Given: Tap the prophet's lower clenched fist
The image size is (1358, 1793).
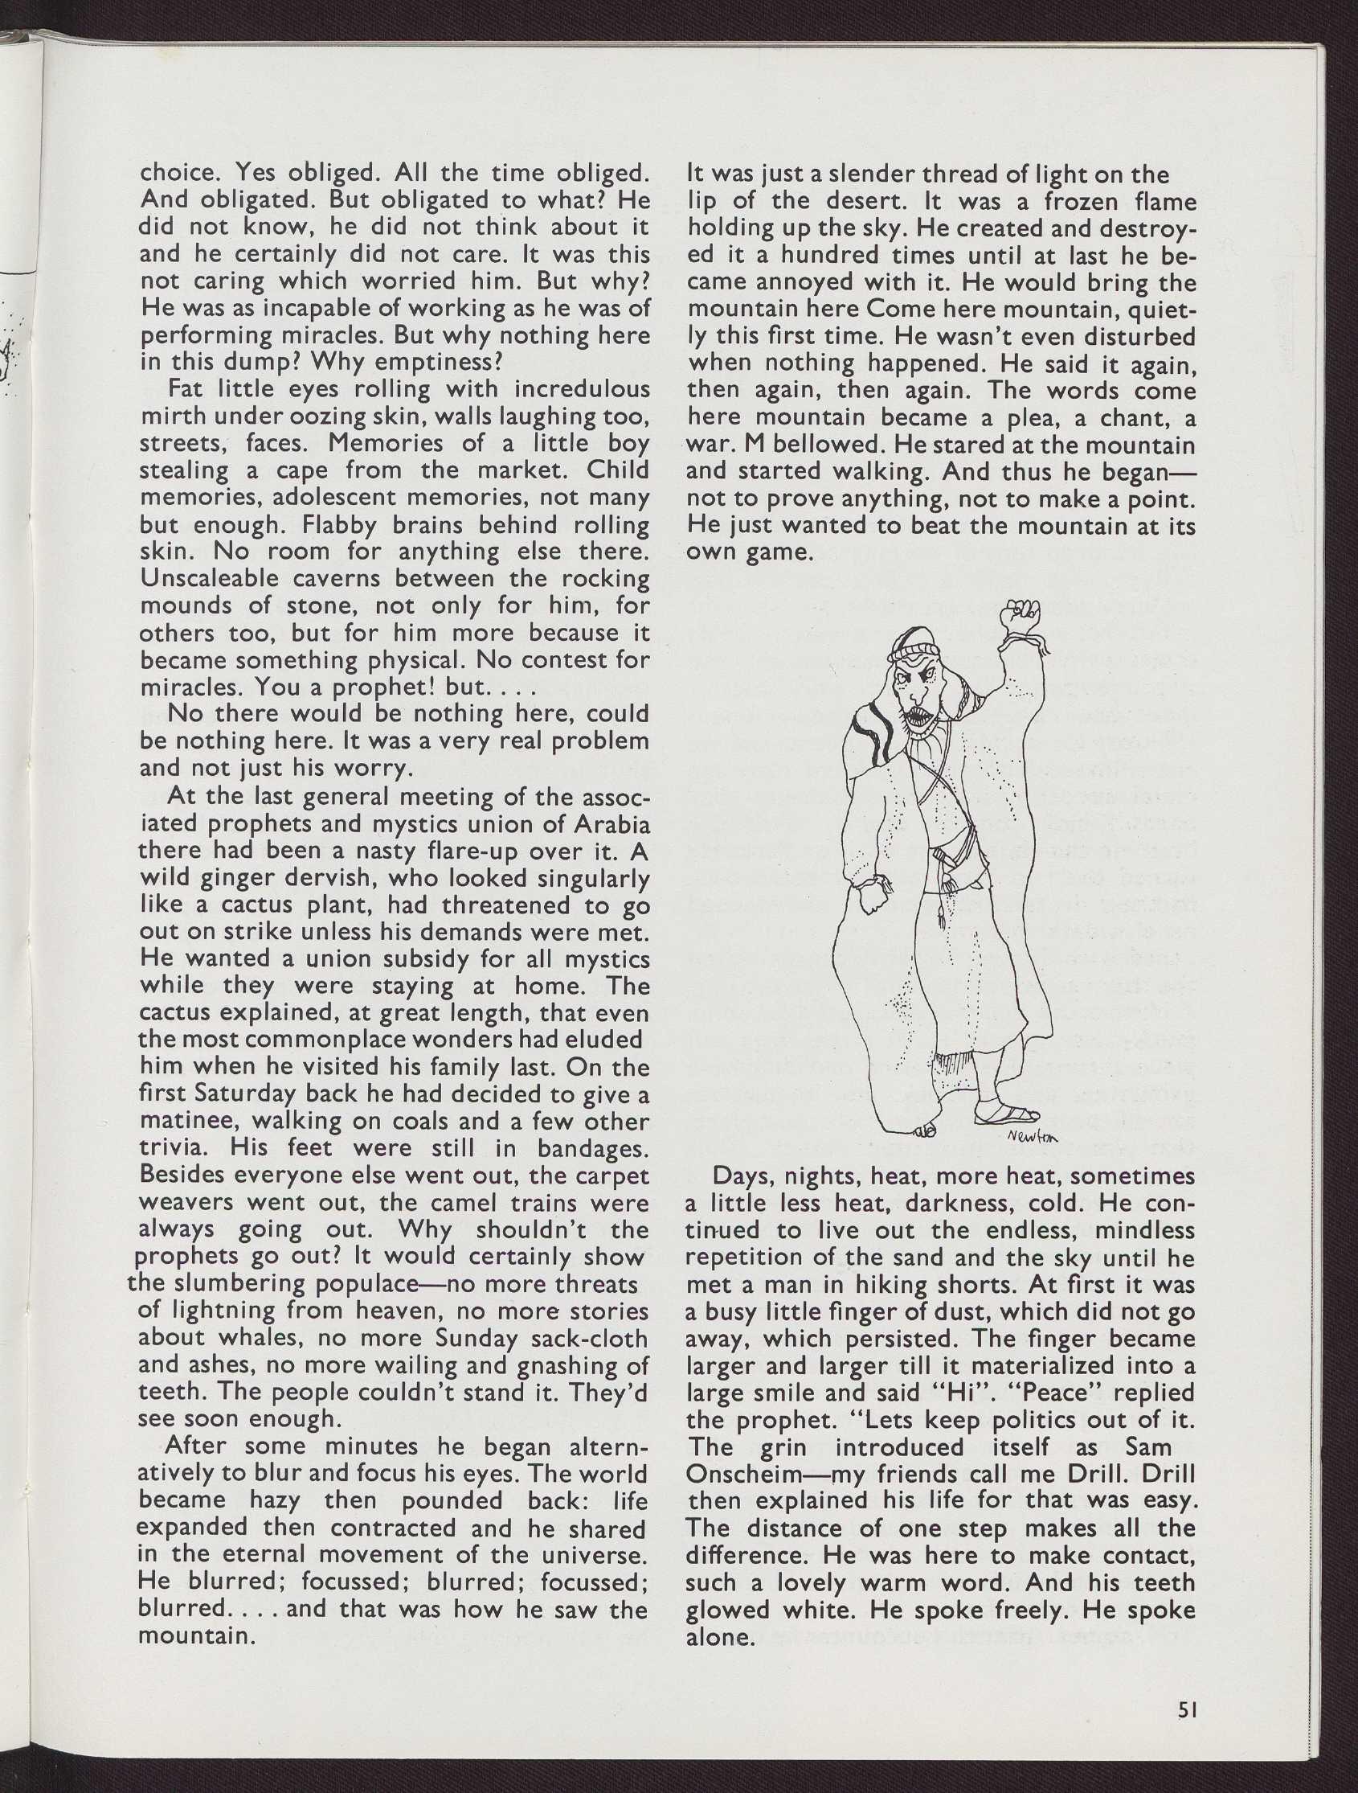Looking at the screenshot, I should click(871, 897).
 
